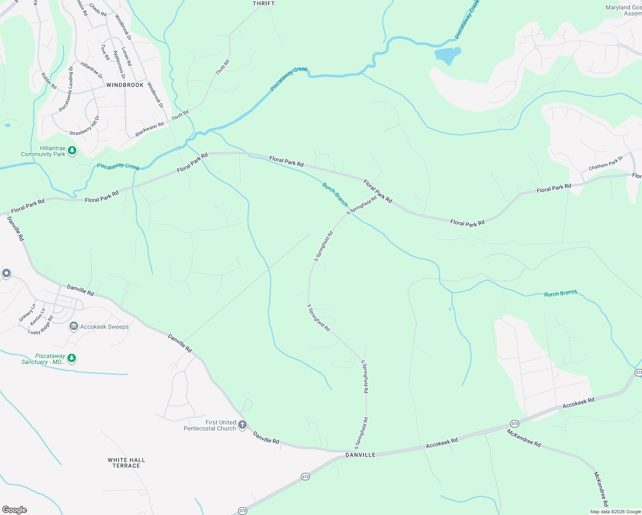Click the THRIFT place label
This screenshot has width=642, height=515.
[x=263, y=3]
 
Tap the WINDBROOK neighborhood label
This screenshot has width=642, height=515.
[x=125, y=85]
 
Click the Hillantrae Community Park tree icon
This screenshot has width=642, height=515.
[x=72, y=150]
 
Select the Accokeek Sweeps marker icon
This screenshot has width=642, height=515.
[x=73, y=327]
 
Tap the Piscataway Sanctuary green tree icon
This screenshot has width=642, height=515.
[x=72, y=358]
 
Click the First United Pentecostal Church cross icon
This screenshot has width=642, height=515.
[x=242, y=425]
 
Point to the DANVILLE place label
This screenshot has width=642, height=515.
[x=360, y=455]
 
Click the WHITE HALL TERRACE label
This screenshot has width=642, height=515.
[x=126, y=463]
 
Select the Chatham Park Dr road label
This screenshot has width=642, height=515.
[x=606, y=164]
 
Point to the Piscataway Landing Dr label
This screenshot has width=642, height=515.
[x=66, y=89]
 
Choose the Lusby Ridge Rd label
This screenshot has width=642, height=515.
[x=41, y=325]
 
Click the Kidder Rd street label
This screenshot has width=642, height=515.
[x=49, y=81]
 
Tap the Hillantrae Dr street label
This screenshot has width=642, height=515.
[x=92, y=70]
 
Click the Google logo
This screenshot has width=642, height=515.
[x=14, y=510]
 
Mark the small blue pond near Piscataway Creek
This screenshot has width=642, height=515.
[x=448, y=55]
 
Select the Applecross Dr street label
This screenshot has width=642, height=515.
[x=119, y=65]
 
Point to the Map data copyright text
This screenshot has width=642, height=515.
[x=615, y=512]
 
